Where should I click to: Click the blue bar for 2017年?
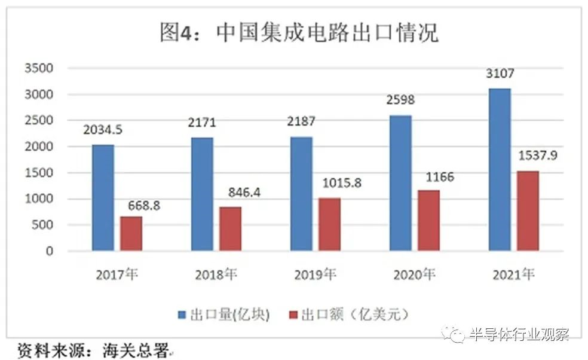pyautogui.click(x=103, y=197)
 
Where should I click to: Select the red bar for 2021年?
pyautogui.click(x=528, y=210)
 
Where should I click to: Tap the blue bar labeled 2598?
pyautogui.click(x=400, y=182)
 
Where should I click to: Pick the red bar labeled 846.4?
pyautogui.click(x=230, y=228)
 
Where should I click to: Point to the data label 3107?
pyautogui.click(x=500, y=74)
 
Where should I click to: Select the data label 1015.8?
pyautogui.click(x=341, y=183)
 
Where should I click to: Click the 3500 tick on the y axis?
pyautogui.click(x=39, y=68)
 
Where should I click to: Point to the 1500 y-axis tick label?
pyautogui.click(x=39, y=173)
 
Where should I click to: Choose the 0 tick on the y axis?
pyautogui.click(x=50, y=251)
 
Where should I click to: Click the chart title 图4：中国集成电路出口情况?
pyautogui.click(x=299, y=32)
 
